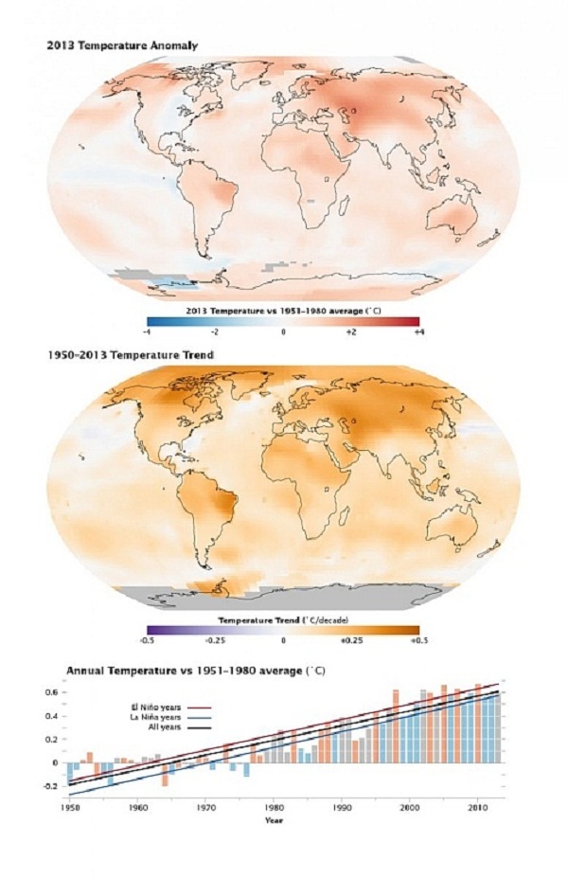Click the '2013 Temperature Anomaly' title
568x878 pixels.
122,45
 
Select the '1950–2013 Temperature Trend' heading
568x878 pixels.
131,355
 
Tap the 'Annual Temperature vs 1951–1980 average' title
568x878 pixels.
195,671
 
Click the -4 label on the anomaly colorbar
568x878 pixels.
147,332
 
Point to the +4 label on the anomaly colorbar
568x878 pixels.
417,332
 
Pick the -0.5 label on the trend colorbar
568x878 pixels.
147,640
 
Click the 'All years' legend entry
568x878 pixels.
156,728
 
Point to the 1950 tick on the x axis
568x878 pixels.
70,808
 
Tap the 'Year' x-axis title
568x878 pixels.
273,820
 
